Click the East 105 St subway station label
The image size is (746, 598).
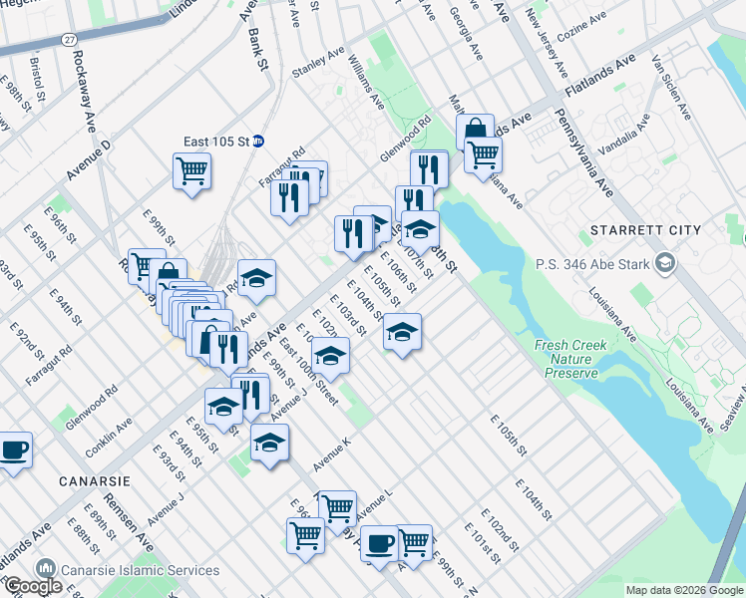[215, 141]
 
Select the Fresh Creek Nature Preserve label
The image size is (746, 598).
[570, 359]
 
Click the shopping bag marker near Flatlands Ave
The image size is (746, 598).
[476, 131]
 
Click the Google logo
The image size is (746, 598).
[33, 587]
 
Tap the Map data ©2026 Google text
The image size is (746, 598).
[684, 590]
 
